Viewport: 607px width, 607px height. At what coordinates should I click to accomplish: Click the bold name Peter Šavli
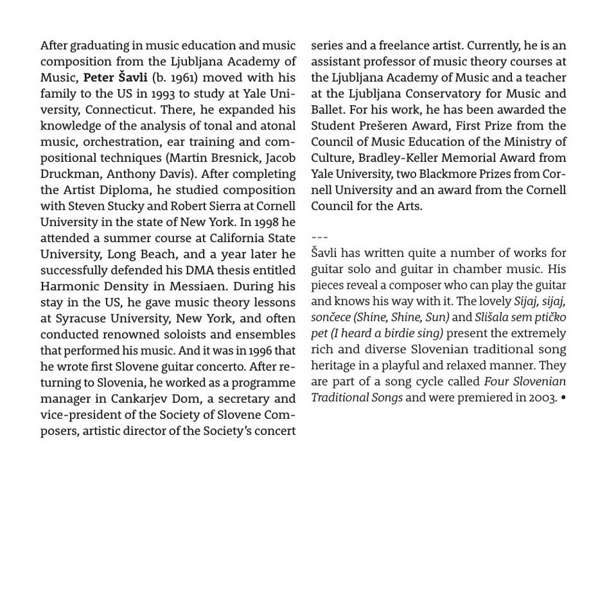coord(115,78)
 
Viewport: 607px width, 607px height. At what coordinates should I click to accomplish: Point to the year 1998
coord(268,222)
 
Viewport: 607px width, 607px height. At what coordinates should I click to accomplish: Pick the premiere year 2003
coord(542,397)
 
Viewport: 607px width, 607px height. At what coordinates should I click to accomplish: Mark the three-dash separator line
coord(320,237)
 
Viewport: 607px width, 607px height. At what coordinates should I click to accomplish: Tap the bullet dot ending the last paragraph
coord(563,397)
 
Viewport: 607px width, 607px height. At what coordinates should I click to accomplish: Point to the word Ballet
coord(328,110)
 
